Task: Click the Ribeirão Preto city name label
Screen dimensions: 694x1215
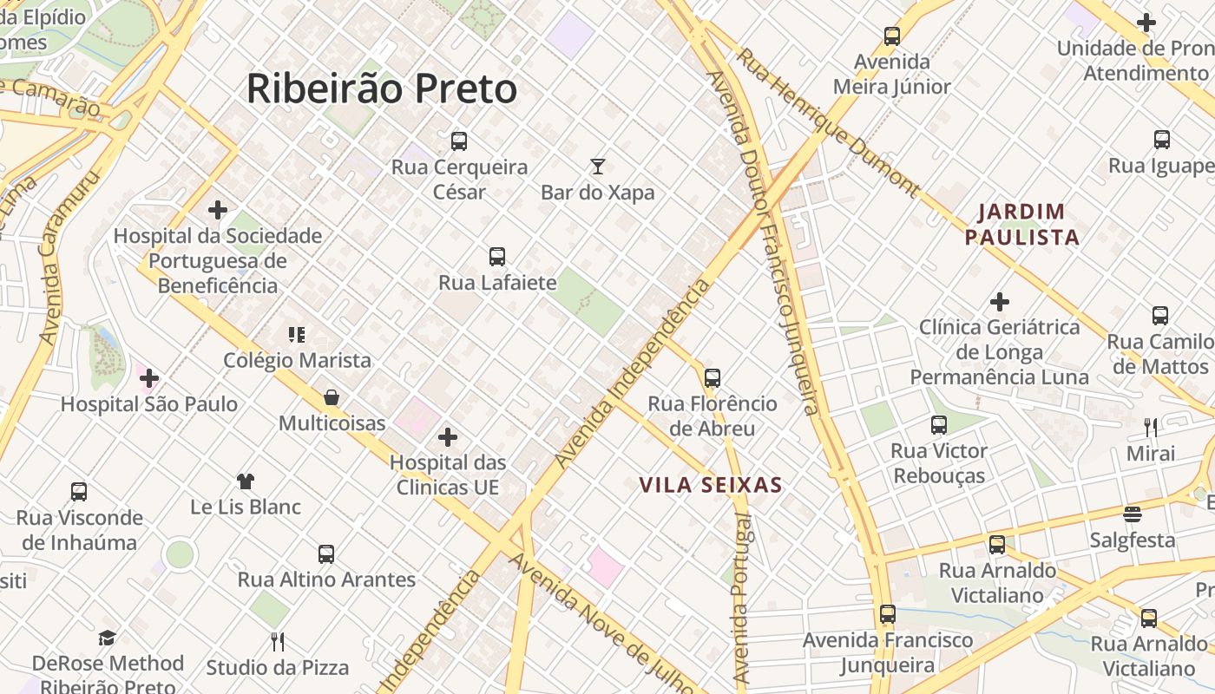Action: [x=382, y=88]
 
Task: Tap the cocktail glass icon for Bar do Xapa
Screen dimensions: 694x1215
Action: [x=597, y=167]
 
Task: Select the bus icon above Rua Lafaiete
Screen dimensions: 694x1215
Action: [x=496, y=257]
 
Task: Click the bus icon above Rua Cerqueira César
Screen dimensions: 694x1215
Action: [x=459, y=141]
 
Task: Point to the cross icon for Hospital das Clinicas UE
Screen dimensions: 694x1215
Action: [x=448, y=437]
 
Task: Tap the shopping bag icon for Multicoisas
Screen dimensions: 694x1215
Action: [x=332, y=398]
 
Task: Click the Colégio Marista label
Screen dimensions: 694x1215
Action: [x=297, y=360]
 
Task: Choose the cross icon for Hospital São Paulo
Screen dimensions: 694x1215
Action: [x=149, y=378]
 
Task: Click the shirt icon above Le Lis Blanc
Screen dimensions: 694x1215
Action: [x=246, y=481]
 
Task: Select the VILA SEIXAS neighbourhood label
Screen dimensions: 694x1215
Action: [x=711, y=485]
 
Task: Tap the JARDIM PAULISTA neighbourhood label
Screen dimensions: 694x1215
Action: [x=1022, y=224]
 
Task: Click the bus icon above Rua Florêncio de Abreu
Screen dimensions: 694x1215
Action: [x=713, y=378]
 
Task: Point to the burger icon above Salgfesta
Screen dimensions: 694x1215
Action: [x=1133, y=514]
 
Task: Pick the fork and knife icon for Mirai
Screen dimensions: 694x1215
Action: [x=1151, y=427]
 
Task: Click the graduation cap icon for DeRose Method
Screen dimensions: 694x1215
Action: [x=107, y=638]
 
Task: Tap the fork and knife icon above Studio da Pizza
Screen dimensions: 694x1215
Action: [x=278, y=642]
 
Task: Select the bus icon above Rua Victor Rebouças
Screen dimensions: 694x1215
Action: [x=939, y=425]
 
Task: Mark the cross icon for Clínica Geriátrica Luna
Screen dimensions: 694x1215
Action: [x=1000, y=302]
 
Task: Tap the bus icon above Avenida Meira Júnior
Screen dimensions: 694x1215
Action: [x=892, y=36]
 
